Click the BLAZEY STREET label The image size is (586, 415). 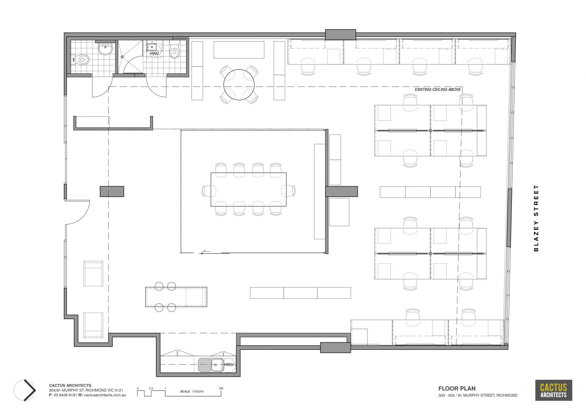pos(536,218)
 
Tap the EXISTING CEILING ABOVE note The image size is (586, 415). pos(438,90)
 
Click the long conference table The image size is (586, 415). pos(248,189)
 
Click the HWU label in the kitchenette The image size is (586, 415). pos(229,365)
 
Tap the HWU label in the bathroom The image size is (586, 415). pos(154,54)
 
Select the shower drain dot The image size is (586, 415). pos(122,57)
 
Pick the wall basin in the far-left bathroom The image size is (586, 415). pos(105,49)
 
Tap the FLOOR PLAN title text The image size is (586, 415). pos(457,389)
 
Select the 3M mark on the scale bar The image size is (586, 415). pos(221,388)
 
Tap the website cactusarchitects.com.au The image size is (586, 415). pos(105,395)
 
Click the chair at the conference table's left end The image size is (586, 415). pos(206,191)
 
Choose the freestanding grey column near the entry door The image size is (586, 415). pos(112,191)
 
